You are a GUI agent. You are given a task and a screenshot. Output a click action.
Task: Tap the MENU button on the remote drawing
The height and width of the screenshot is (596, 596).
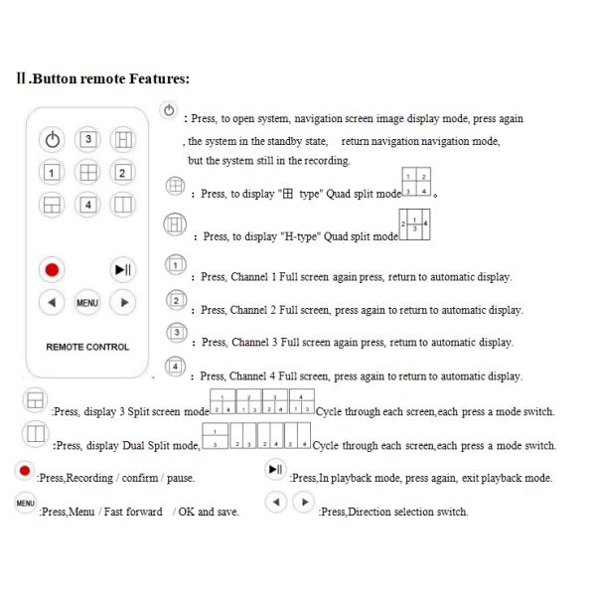pos(87,301)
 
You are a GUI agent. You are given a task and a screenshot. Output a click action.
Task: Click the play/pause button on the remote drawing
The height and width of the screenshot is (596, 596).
pos(122,270)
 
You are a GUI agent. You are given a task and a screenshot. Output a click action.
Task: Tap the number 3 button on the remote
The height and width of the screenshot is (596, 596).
pos(87,138)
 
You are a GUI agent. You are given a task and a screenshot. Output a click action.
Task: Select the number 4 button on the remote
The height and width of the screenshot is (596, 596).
pos(87,206)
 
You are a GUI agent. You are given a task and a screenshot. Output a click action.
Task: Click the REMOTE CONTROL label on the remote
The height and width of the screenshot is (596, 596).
pos(87,348)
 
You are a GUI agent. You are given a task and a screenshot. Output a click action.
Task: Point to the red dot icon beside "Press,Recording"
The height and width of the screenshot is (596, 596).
pos(22,469)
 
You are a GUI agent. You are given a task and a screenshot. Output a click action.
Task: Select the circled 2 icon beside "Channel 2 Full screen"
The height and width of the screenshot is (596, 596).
pos(175,300)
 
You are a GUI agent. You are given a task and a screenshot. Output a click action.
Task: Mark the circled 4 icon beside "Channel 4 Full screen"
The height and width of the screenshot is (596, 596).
pos(175,367)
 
